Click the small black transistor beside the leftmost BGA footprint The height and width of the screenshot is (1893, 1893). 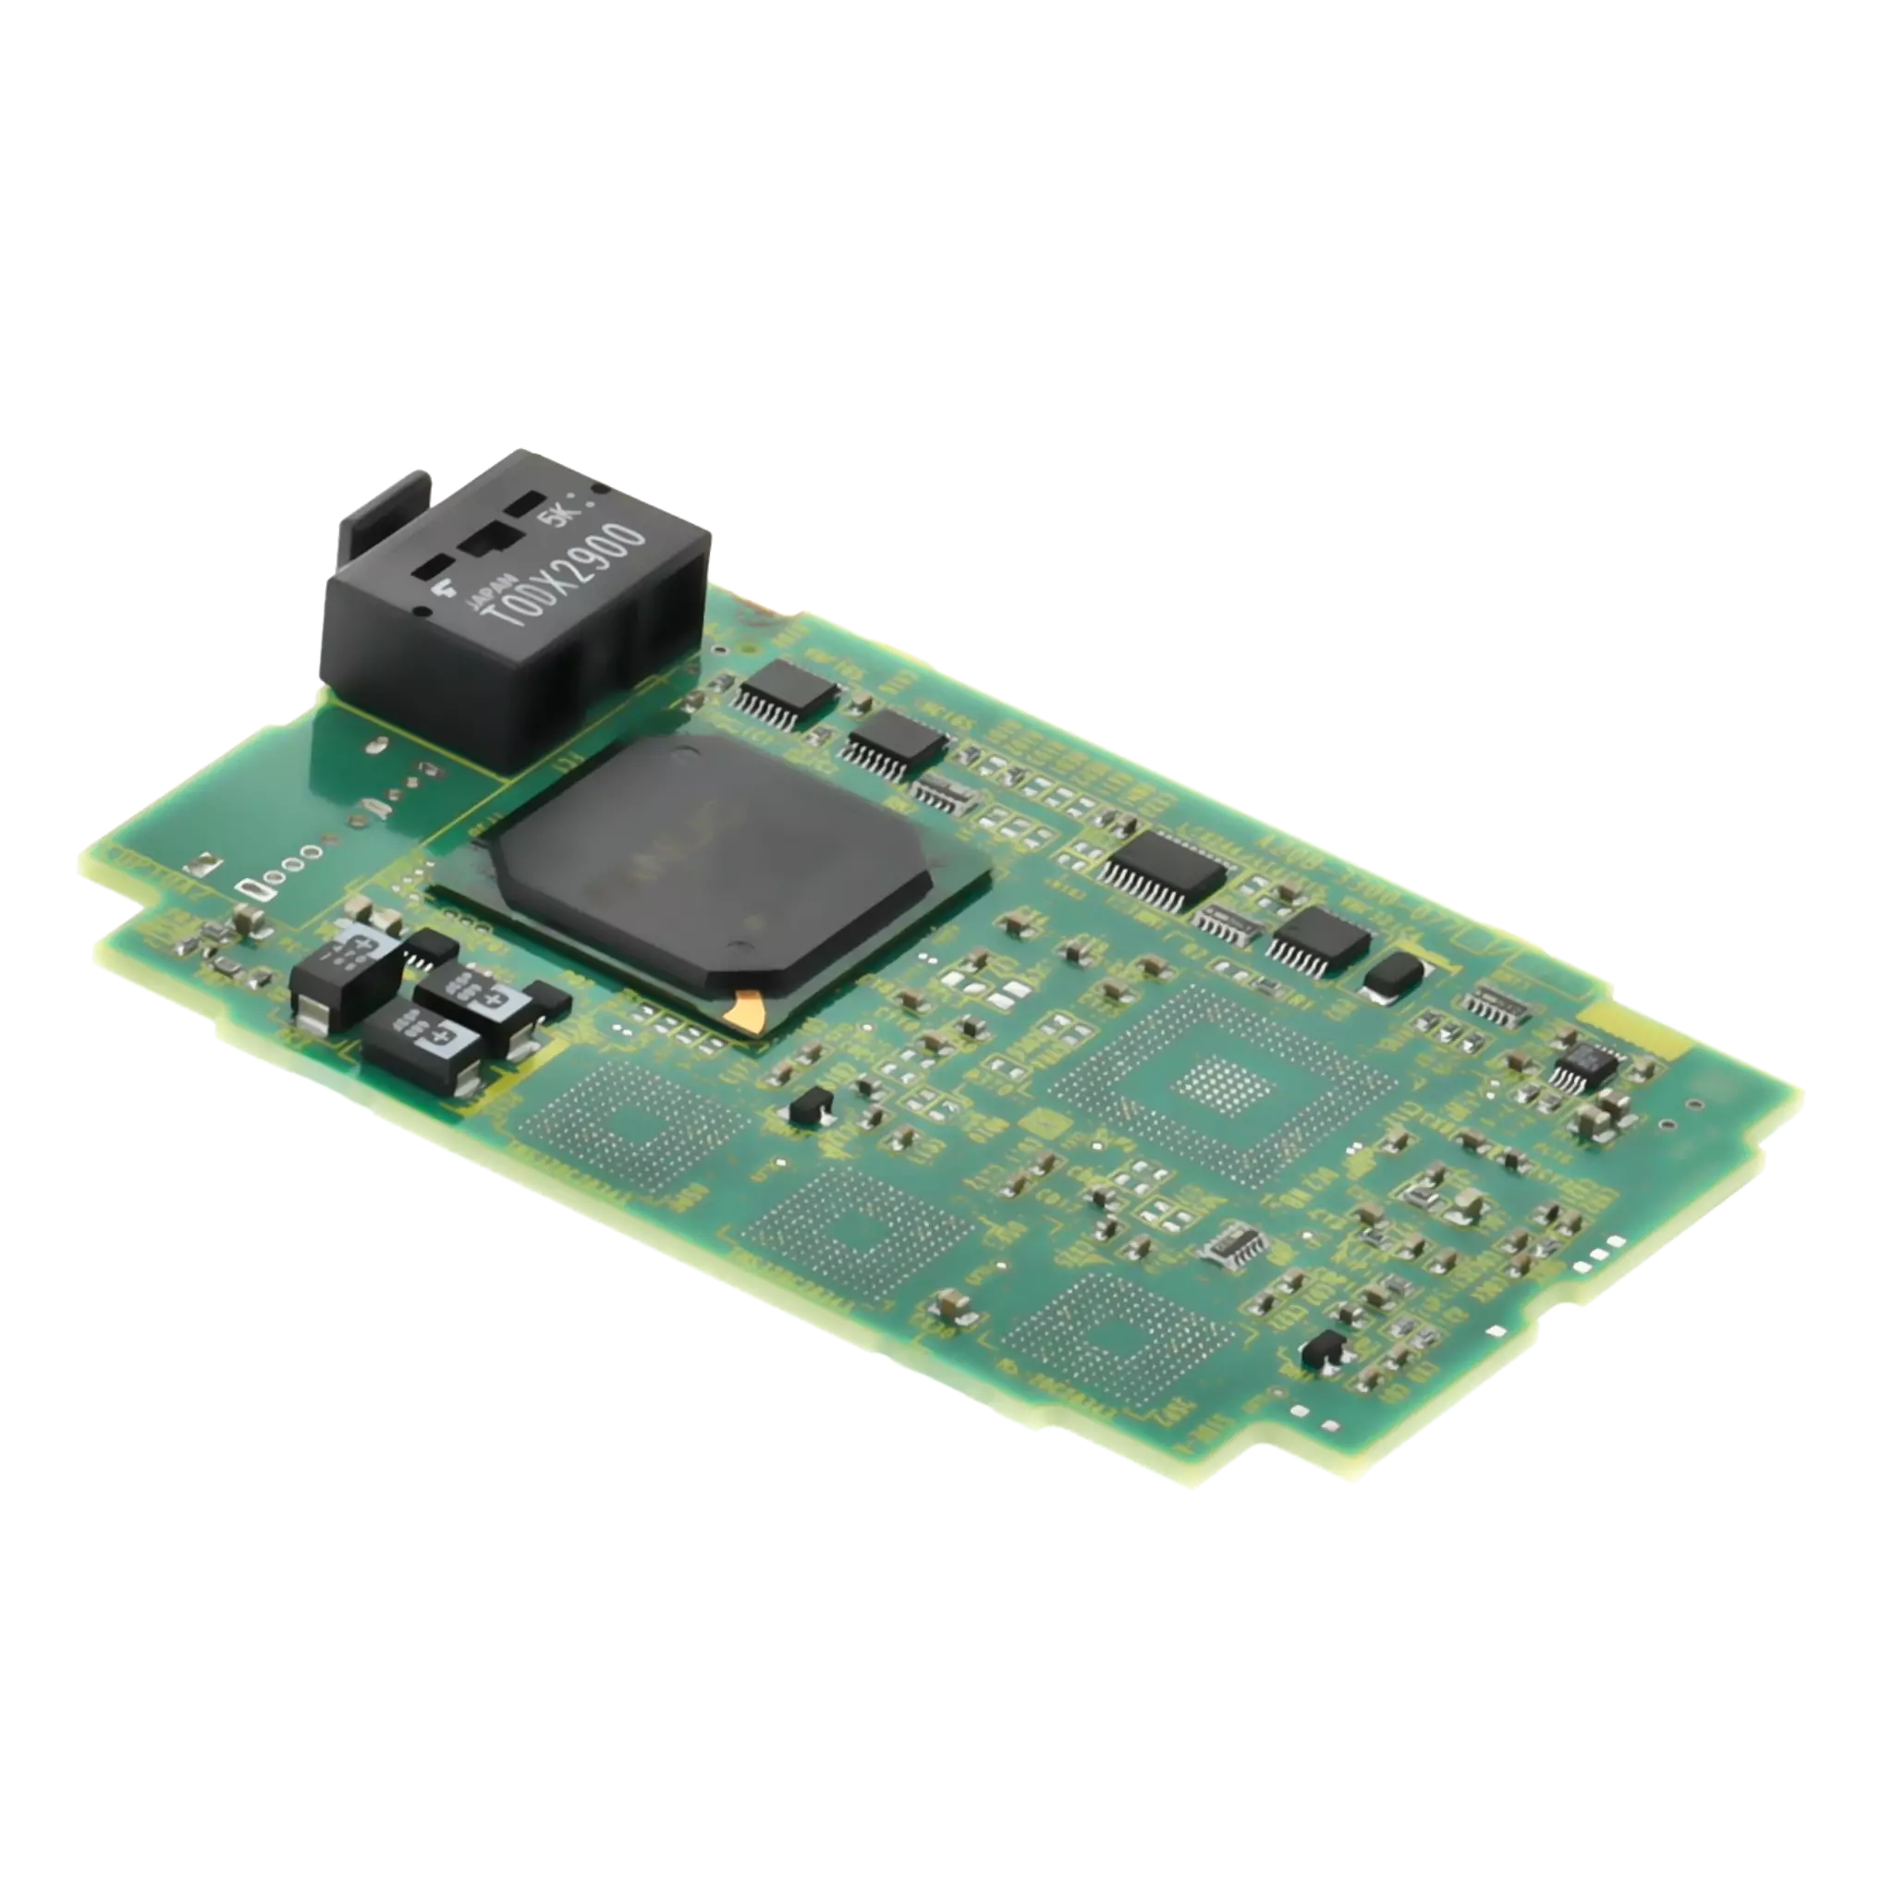812,1106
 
